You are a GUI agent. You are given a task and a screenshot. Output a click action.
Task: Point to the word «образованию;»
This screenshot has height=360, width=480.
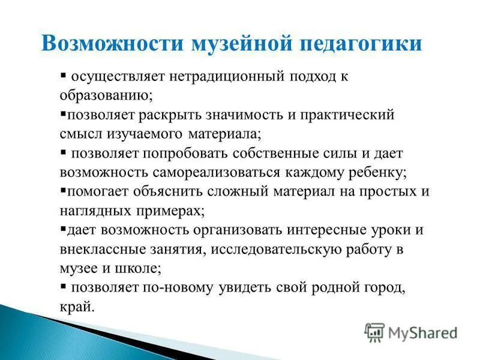click(x=106, y=95)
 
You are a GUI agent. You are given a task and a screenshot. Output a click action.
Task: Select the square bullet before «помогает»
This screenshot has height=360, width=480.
click(x=63, y=191)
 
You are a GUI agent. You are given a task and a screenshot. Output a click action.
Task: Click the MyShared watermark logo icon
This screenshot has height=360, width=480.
click(x=374, y=332)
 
